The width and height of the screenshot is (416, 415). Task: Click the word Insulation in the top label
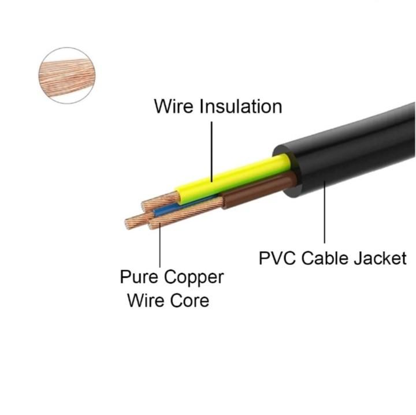point(241,107)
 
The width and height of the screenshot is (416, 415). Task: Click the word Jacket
point(380,258)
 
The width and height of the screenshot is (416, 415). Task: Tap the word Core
point(190,301)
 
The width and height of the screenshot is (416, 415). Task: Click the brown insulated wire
point(259,189)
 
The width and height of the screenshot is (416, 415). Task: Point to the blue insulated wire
point(183,206)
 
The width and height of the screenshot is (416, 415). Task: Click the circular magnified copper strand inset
point(67,76)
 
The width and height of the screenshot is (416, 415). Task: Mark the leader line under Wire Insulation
point(211,152)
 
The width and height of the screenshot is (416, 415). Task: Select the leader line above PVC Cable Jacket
point(325,212)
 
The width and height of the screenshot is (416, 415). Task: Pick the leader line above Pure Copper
point(159,245)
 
